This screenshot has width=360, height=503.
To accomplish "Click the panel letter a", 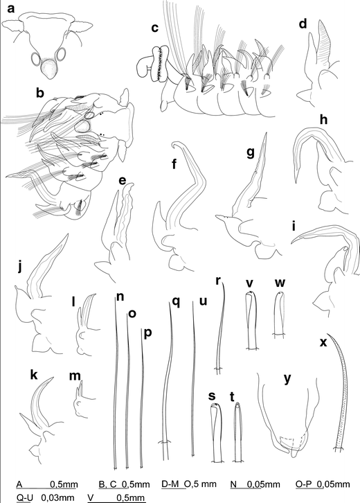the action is pos(11,9).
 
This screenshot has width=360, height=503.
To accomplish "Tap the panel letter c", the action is pos(155,28).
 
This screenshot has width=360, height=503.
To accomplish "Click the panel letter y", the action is pos(287,378).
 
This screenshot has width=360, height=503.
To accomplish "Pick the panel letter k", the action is pos(34,375).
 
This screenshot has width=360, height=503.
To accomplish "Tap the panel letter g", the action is pos(250,152).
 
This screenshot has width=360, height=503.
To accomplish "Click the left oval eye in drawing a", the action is pos(37,59).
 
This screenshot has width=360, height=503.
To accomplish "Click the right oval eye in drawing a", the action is pos(61,54).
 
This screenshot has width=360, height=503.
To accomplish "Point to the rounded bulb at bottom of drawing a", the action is pos(49,69).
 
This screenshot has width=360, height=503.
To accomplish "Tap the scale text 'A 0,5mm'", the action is pos(47,484).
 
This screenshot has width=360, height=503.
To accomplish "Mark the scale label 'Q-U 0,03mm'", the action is pos(45,497).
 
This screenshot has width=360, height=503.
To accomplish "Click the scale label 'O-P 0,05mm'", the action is pos(323,484).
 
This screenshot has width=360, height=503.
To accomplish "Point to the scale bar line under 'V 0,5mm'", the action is pos(117,502).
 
